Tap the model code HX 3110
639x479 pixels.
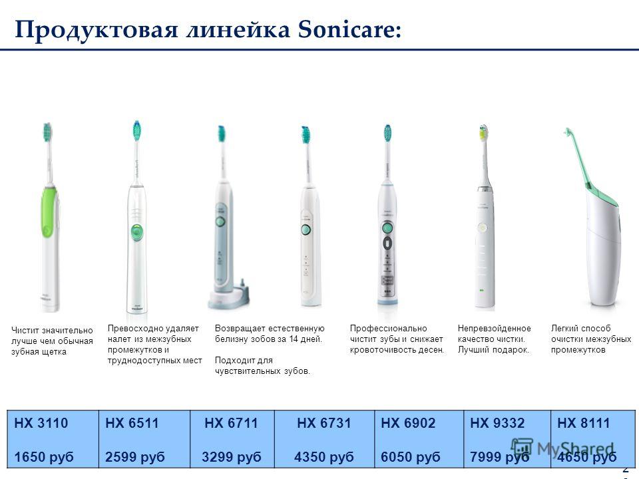[41, 423]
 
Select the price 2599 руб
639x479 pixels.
[135, 457]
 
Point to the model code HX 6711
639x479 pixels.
[231, 423]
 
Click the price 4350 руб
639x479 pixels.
[324, 457]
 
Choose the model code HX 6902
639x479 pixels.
[408, 423]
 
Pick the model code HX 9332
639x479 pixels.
[497, 423]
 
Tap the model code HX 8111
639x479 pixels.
[584, 423]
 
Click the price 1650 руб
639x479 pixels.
[44, 457]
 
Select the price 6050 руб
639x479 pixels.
[411, 457]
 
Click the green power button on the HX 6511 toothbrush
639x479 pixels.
[136, 232]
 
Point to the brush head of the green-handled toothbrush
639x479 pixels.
[48, 132]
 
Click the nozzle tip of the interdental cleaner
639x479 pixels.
[567, 131]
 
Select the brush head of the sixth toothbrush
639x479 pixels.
[483, 133]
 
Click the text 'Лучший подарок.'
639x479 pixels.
[493, 350]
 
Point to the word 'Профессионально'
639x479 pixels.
[388, 329]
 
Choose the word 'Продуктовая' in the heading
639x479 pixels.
[96, 31]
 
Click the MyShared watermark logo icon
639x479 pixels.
[522, 448]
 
